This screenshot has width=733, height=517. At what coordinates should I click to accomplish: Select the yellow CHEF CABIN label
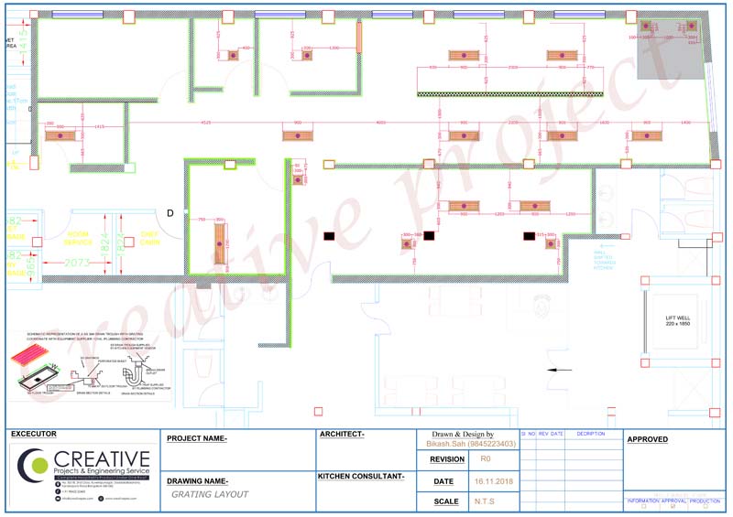click(150, 238)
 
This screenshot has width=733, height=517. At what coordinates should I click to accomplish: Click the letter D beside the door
click(170, 213)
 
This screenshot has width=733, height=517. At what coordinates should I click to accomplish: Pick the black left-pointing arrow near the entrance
click(559, 370)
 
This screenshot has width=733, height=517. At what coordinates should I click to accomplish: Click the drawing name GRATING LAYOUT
click(210, 494)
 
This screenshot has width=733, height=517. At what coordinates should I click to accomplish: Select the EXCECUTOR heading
click(33, 434)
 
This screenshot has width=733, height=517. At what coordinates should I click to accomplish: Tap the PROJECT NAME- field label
click(197, 438)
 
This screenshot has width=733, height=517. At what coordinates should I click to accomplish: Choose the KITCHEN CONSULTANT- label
click(360, 477)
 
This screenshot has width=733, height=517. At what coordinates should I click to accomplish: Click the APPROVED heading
click(647, 439)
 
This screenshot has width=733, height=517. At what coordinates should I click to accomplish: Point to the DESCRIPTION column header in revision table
click(591, 434)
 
